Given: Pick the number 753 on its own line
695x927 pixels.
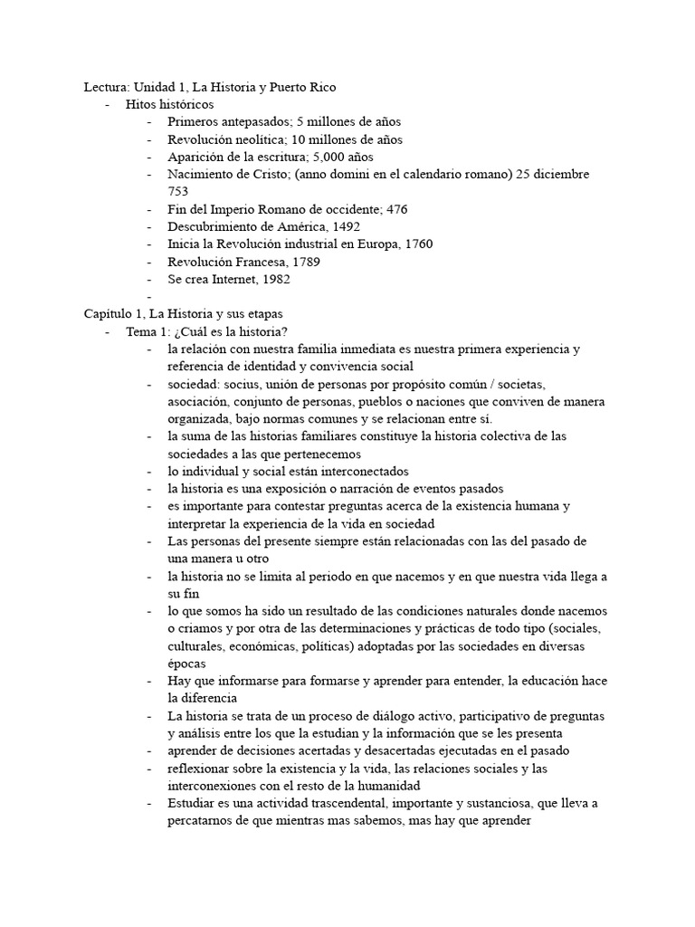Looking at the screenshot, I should coord(178,191).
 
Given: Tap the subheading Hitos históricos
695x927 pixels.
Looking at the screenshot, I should coord(170,104).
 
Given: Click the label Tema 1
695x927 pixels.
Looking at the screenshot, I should coord(147,331).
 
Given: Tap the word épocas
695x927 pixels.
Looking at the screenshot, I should coord(187,663).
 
